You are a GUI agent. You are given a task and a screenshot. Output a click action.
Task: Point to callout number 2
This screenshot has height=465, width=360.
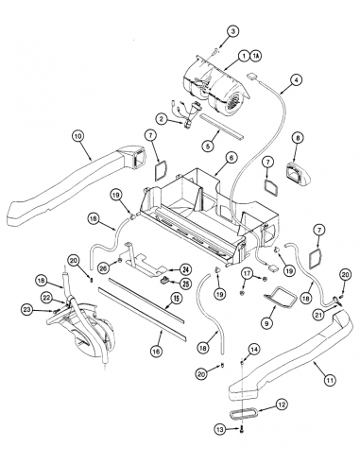click(162, 118)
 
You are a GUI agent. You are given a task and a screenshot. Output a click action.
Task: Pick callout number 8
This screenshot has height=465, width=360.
click(298, 138)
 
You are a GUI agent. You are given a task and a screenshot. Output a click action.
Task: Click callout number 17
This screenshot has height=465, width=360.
click(248, 275)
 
